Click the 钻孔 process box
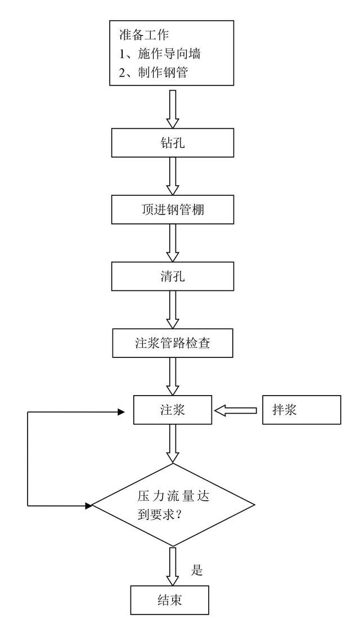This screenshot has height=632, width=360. [x=173, y=143]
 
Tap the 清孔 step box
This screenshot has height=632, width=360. [x=173, y=276]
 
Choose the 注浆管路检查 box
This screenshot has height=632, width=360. [x=173, y=343]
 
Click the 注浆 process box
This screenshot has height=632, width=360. [x=173, y=410]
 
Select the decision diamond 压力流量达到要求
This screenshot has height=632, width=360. [x=173, y=505]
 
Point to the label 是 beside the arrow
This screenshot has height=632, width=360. [x=197, y=570]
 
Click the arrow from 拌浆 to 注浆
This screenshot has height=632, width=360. [x=237, y=410]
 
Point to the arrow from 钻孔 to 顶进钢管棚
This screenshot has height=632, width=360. [x=173, y=176]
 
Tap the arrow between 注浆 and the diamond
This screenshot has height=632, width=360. [x=173, y=443]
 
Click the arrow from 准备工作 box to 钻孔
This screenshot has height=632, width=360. [x=173, y=108]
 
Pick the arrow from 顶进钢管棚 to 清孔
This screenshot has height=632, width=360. [x=173, y=243]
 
